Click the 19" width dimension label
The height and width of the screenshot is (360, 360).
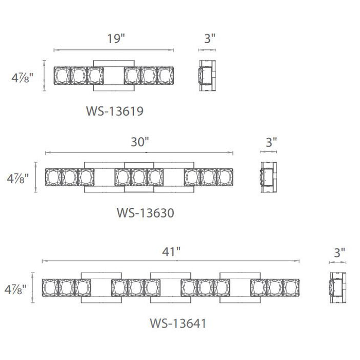point(116,39)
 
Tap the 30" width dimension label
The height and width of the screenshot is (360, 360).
point(140,141)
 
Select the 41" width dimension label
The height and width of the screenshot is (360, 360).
point(171,252)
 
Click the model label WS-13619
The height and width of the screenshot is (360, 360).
point(115,111)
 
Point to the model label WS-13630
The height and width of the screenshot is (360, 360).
point(146,213)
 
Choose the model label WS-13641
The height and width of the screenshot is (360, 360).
point(178,323)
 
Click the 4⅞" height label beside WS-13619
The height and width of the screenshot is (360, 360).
point(22,78)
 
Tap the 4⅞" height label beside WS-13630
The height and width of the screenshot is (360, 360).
point(17,178)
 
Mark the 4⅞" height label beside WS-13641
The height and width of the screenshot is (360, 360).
point(15,289)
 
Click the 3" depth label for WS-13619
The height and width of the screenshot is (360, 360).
point(210,39)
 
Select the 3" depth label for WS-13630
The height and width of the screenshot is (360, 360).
point(272,142)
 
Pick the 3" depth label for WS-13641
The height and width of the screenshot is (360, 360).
point(339,253)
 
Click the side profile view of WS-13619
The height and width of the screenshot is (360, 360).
point(207,76)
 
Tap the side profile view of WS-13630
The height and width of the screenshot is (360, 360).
point(268,177)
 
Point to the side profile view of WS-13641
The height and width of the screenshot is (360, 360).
point(338,287)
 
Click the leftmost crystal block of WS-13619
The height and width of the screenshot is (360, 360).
point(62,76)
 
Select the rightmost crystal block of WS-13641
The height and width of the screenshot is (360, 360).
point(291,287)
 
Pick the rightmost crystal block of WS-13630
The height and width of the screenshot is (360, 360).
point(225,177)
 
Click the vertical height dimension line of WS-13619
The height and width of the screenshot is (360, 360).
point(44,76)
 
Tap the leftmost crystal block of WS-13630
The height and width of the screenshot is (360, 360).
point(53,177)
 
